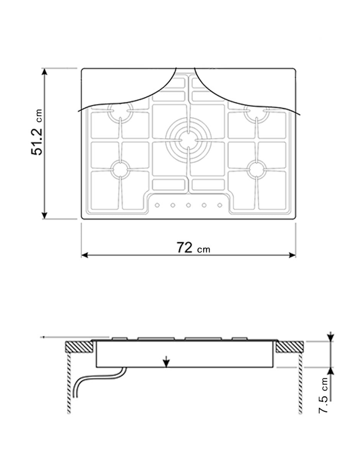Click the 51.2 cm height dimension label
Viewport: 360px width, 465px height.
click(37, 132)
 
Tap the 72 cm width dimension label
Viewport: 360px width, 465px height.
click(193, 248)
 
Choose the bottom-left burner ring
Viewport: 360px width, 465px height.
click(120, 169)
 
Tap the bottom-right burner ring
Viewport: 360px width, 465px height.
click(257, 169)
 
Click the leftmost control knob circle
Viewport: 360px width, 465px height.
click(157, 205)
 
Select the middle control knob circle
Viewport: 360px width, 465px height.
click(188, 205)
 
